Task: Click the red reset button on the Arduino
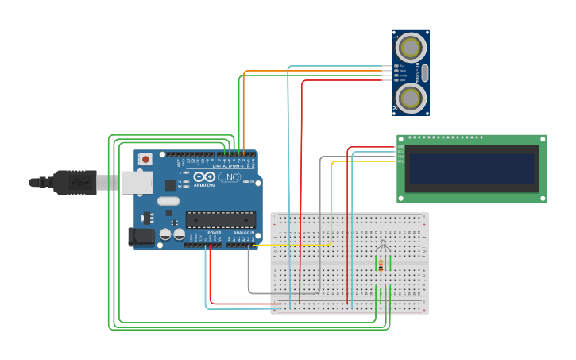[x=145, y=159]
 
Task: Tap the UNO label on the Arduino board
[x=230, y=177]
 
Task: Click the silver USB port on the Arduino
[x=136, y=183]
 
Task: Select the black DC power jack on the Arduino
[x=141, y=236]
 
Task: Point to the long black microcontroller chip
[x=220, y=219]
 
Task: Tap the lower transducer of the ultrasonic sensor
[x=411, y=98]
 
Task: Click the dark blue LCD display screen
[x=470, y=169]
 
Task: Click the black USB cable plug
[x=75, y=182]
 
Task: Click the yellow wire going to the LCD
[x=332, y=199]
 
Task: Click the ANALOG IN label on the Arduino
[x=243, y=233]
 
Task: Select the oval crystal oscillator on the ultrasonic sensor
[x=425, y=73]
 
